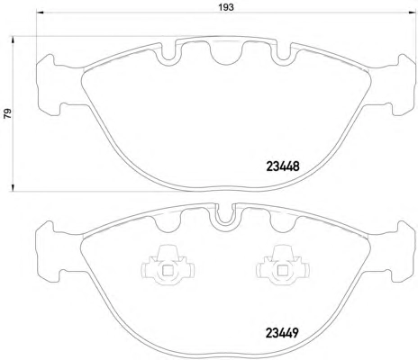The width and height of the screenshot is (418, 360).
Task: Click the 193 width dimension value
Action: [x=226, y=7]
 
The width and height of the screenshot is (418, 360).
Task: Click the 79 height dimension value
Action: [x=7, y=113]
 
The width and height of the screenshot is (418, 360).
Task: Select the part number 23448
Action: [x=283, y=166]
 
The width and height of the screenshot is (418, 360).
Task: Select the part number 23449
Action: [x=282, y=333]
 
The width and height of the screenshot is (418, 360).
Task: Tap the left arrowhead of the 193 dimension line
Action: [x=40, y=13]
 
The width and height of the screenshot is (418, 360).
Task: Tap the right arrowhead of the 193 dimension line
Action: [x=413, y=13]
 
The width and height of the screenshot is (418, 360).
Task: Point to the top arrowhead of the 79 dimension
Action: [x=13, y=40]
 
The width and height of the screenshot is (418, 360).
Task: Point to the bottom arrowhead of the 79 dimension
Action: [x=13, y=187]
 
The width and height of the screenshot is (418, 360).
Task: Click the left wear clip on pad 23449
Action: [x=168, y=264]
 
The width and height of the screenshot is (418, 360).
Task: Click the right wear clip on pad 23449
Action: [x=283, y=264]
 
